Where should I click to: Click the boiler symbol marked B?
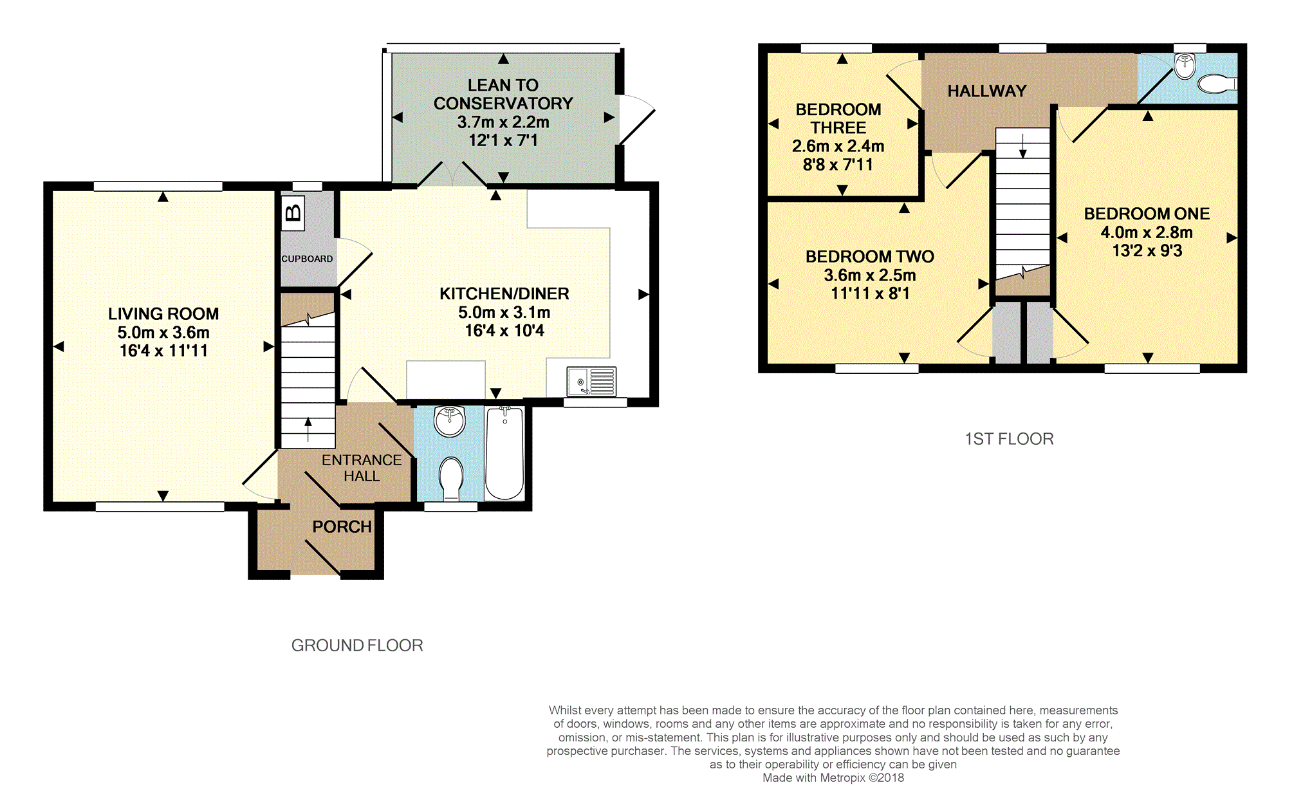(x=293, y=212)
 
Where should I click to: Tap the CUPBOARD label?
(x=307, y=259)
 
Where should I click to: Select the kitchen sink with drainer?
(x=591, y=381)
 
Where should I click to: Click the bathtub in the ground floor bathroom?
(x=504, y=453)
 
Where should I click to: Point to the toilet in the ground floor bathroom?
(x=451, y=478)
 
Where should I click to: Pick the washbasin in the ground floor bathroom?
(x=450, y=422)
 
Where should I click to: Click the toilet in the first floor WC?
(x=1217, y=84)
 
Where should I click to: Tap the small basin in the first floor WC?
(x=1185, y=66)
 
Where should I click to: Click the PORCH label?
(x=342, y=527)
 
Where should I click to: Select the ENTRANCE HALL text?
(x=362, y=468)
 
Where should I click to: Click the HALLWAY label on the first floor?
(x=987, y=91)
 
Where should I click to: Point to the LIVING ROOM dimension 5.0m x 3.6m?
(x=163, y=333)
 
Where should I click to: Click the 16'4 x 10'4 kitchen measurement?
(x=504, y=331)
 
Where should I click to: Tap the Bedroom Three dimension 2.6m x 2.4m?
(x=838, y=146)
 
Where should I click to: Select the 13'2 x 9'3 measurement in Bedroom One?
(x=1147, y=251)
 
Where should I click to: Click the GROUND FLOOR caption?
(x=357, y=645)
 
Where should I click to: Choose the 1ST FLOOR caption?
(x=1009, y=439)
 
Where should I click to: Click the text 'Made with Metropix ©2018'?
(x=833, y=778)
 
